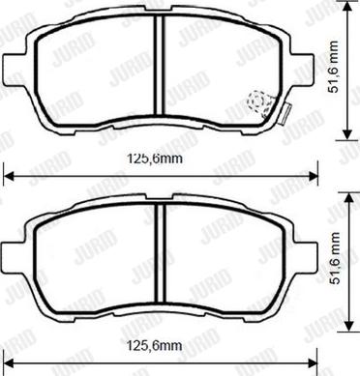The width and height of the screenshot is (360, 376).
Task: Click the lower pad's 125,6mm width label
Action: pyautogui.click(x=161, y=346)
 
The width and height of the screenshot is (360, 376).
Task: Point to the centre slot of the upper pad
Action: pyautogui.click(x=162, y=72)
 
